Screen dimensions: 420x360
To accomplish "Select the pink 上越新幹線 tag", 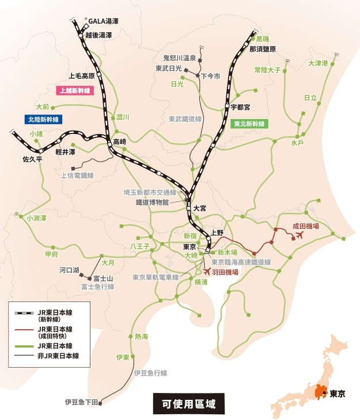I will tap(73, 90).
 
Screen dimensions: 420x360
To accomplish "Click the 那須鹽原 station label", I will tap(263, 49).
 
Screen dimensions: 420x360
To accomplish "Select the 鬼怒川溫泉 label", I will tap(179, 58).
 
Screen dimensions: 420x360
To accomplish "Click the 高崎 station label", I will tap(119, 142).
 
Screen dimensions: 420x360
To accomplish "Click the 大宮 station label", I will tap(200, 208).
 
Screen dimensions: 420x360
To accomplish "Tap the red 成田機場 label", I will tap(306, 227).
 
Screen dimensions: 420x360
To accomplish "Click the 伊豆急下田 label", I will tap(82, 402).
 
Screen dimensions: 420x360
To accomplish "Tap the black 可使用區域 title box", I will tap(188, 403).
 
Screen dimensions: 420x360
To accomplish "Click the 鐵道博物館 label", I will tap(152, 203).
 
